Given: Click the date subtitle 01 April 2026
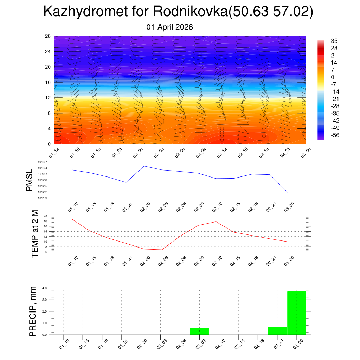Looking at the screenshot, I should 170,27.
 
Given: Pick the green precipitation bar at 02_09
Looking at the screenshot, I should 199,331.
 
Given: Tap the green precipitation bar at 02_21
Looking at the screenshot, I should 277,330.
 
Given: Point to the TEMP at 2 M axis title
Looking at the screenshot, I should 35,233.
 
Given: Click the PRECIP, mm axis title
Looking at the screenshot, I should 33,311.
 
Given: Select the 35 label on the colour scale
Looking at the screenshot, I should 334,41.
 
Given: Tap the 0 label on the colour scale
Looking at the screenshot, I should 333,77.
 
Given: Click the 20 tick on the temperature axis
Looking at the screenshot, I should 45,216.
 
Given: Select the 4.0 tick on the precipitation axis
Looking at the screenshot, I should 45,288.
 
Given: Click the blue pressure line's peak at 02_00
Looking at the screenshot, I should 144,166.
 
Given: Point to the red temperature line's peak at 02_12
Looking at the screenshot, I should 216,221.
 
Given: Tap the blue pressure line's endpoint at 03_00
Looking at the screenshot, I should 288,193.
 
